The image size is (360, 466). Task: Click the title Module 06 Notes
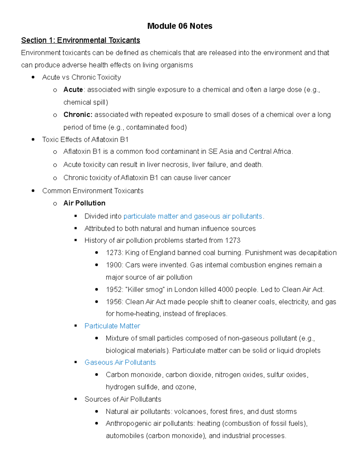180,26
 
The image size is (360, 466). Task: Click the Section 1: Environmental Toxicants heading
80,40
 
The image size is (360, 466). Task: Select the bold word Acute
73,90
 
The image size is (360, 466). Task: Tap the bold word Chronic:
78,115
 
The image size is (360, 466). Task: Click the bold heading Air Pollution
84,203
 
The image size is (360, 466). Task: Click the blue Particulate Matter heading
112,326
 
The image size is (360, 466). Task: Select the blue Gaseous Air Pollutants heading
120,362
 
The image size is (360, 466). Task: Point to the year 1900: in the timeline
114,265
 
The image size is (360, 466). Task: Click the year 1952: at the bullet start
114,290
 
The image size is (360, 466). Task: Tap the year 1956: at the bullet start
114,302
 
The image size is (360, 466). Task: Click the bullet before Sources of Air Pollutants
76,399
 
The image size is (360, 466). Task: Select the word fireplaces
211,314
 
